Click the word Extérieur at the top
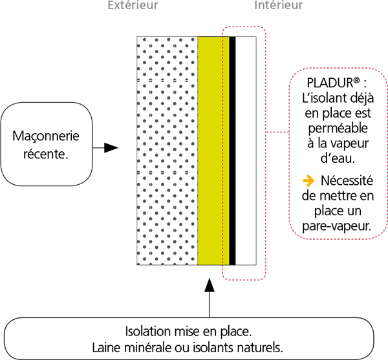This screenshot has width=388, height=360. [x=133, y=6]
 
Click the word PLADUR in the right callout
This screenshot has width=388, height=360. [x=329, y=85]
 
